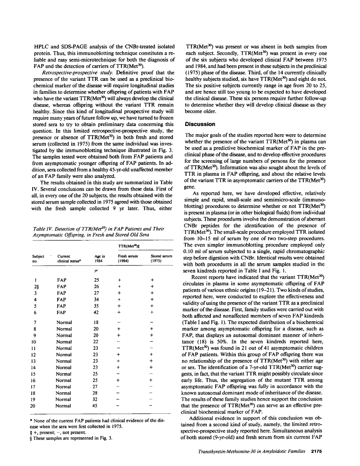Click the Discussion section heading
[200, 124]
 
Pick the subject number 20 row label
[33, 406]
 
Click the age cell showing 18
[96, 322]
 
